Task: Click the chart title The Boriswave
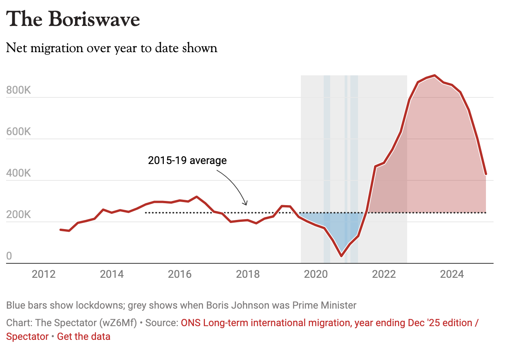pos(73,19)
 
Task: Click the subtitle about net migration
pos(112,48)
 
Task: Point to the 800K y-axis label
pos(19,90)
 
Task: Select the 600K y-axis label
pos(19,132)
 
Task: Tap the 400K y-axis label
pos(19,173)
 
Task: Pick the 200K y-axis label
pos(19,215)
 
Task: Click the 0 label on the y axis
pos(9,256)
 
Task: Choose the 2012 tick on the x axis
pos(44,274)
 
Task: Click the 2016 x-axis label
pos(180,274)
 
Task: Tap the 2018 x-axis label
pos(248,274)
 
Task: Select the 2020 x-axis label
pos(316,274)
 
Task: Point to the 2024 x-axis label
pos(452,274)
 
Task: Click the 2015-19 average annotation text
pos(187,160)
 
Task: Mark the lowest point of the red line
pos(341,256)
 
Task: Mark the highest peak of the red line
pos(435,75)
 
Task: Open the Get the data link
pos(84,336)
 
